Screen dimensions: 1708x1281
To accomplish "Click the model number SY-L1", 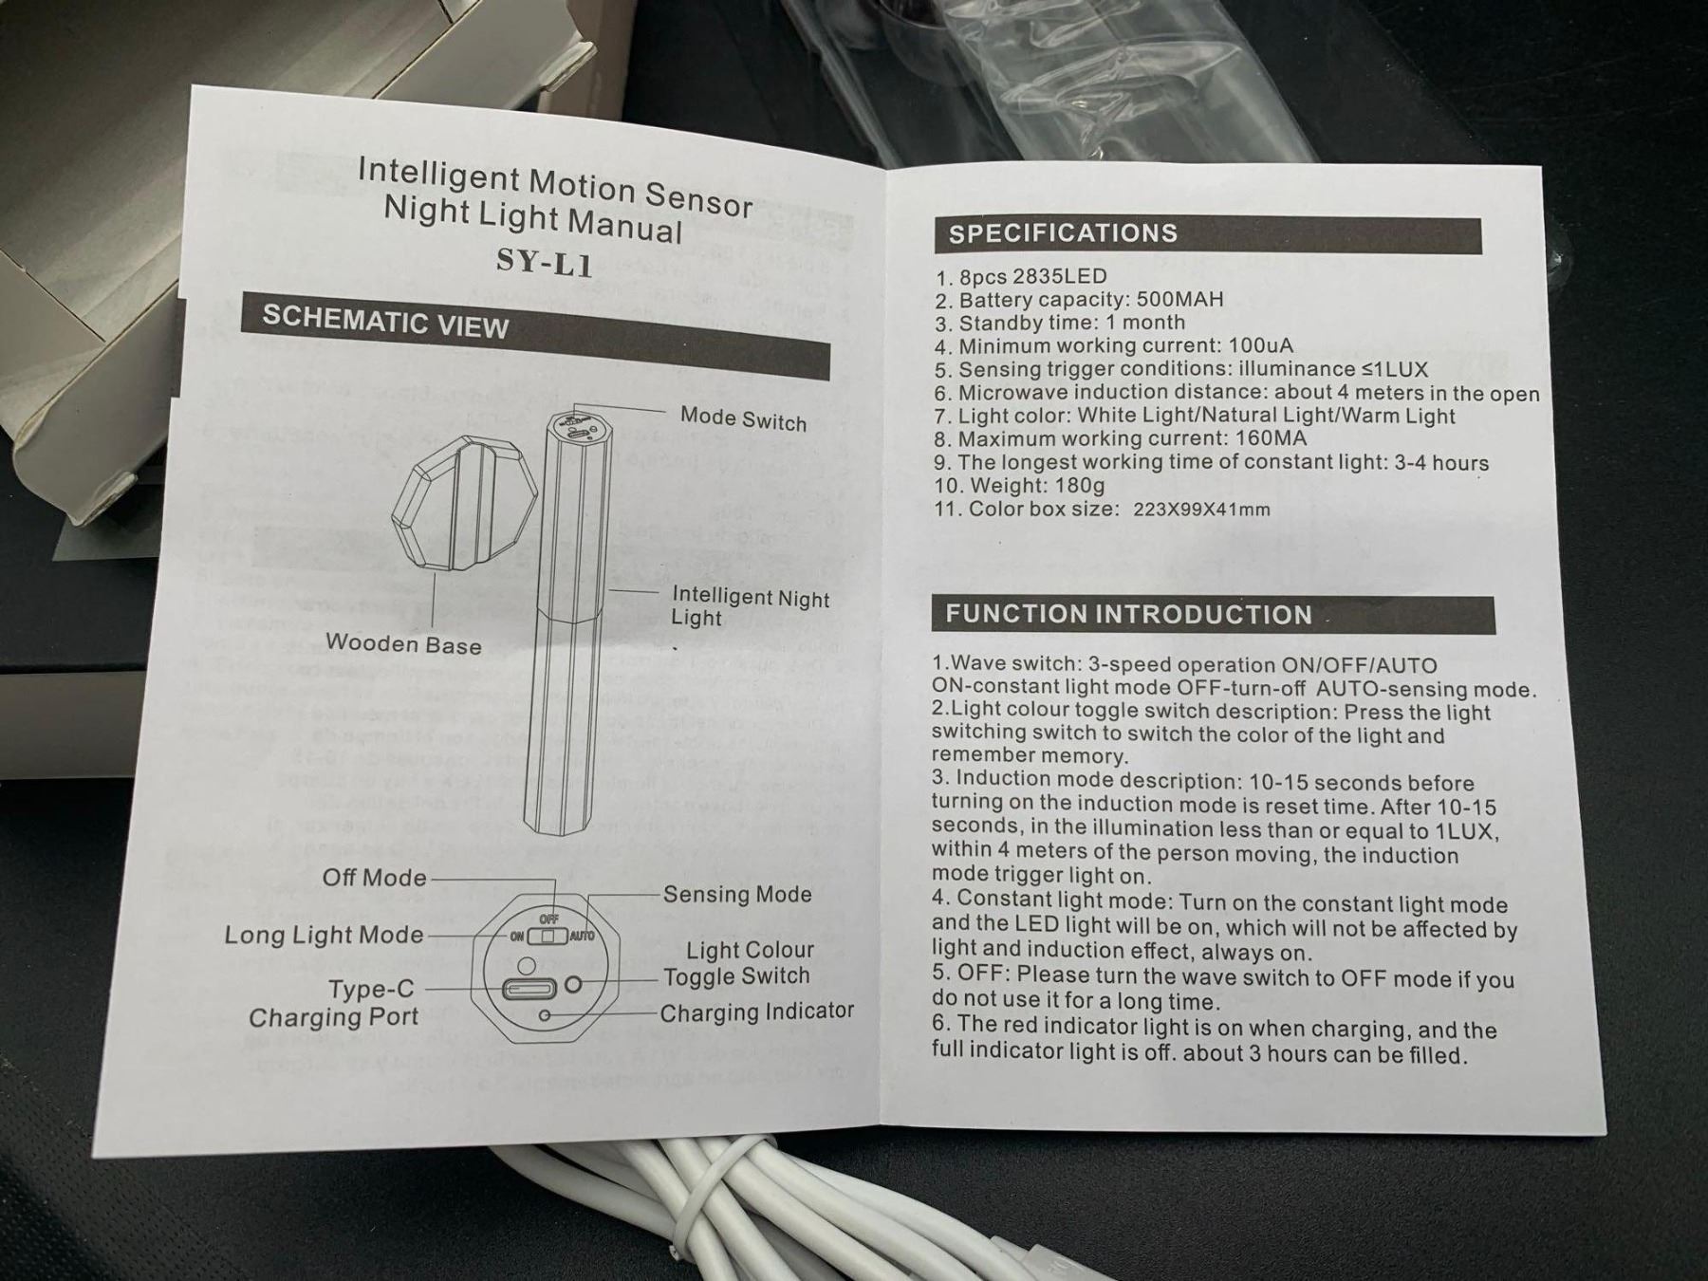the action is coord(545,261).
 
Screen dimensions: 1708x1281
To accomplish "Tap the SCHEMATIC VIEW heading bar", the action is coord(534,338).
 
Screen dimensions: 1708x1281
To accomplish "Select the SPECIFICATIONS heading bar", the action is coord(1207,234).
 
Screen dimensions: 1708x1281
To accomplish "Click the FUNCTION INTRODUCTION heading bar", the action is coord(1214,615).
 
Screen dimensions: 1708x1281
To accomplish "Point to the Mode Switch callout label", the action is coord(743,419).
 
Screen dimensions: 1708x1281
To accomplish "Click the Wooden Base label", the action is coord(403,644).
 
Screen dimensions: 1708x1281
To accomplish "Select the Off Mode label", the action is coord(374,878).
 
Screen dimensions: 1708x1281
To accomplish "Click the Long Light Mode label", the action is coord(324,935).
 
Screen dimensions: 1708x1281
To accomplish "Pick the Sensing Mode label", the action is coord(737,894).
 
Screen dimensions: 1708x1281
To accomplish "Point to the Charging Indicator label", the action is coord(756,1012).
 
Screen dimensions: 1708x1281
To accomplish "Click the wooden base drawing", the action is coord(463,502).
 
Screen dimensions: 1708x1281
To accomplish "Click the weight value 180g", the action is coord(1080,486).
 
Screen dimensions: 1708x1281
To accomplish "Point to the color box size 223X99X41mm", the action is coord(1201,510).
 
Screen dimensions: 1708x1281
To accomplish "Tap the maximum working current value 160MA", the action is coord(1271,438).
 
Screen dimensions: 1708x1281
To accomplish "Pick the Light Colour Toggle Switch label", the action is coord(737,963).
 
